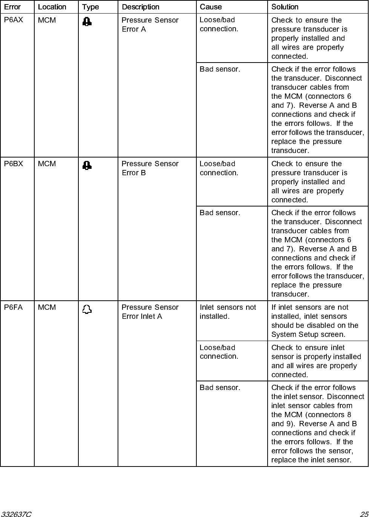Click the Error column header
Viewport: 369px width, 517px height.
(x=12, y=7)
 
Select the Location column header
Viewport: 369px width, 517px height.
(x=52, y=7)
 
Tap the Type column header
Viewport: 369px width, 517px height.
(x=90, y=7)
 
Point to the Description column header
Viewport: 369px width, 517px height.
(x=140, y=7)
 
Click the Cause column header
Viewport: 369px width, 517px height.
(x=211, y=7)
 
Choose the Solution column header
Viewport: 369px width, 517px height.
(x=285, y=7)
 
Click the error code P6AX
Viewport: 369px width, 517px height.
(x=14, y=20)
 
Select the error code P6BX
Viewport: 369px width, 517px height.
(x=14, y=164)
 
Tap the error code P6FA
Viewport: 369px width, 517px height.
(x=13, y=307)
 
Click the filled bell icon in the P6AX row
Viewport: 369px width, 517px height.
(x=87, y=21)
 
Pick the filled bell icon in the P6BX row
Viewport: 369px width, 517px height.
(x=87, y=165)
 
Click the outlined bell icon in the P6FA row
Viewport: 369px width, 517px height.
(x=87, y=310)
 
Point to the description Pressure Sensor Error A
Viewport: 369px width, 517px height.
(x=150, y=24)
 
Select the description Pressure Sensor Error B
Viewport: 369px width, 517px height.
(x=150, y=168)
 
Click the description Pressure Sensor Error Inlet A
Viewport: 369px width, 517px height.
(x=150, y=312)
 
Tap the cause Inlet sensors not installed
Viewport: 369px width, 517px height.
(x=228, y=312)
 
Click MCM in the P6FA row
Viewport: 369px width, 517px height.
(x=47, y=307)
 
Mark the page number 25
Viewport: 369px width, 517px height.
(x=363, y=514)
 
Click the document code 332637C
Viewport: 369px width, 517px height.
(x=16, y=514)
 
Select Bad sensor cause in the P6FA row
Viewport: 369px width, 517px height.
(x=220, y=387)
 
